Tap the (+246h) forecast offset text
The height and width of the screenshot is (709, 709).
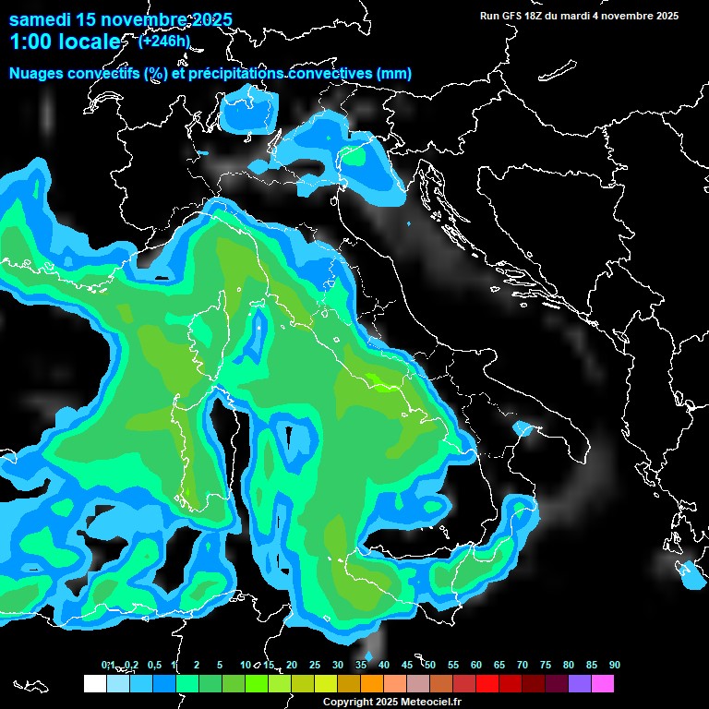pyautogui.click(x=163, y=41)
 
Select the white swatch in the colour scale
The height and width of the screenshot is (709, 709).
pyautogui.click(x=94, y=684)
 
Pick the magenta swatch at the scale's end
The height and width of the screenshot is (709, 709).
pyautogui.click(x=603, y=684)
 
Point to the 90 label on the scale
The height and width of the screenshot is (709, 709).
pyautogui.click(x=614, y=666)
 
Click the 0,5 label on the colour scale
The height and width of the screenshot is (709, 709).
pyautogui.click(x=153, y=666)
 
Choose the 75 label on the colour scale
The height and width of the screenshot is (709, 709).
pyautogui.click(x=545, y=666)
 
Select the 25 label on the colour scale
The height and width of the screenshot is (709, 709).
pyautogui.click(x=314, y=666)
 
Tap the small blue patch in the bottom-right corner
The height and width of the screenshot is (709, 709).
pyautogui.click(x=690, y=575)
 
